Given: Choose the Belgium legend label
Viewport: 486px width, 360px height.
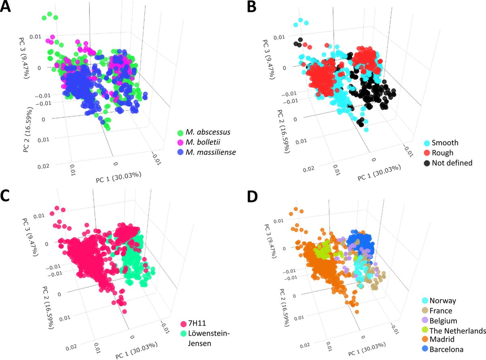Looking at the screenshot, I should point(443,321).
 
